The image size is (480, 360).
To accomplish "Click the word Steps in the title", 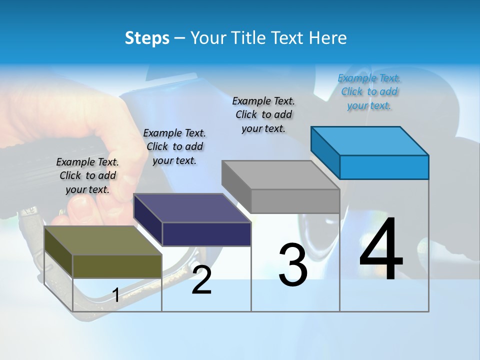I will click(x=147, y=38).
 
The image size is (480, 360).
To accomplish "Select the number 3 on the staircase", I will click(x=292, y=265).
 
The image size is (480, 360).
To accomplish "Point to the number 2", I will click(x=201, y=280).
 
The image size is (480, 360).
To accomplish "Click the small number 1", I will click(x=116, y=295).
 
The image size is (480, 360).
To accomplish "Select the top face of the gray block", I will click(x=280, y=175).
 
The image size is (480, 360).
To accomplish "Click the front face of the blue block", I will click(x=384, y=167).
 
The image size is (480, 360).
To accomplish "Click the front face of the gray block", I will click(x=295, y=201).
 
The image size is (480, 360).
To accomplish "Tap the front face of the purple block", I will click(x=206, y=234).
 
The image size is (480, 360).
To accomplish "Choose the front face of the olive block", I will click(x=117, y=266).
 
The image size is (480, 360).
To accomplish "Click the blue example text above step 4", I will click(x=369, y=91).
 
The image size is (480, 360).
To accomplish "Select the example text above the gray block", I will click(x=263, y=114).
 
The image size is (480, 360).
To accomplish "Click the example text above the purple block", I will click(x=174, y=146).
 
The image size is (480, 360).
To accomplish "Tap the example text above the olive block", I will click(x=87, y=175).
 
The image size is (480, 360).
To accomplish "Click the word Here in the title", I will click(x=328, y=38).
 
